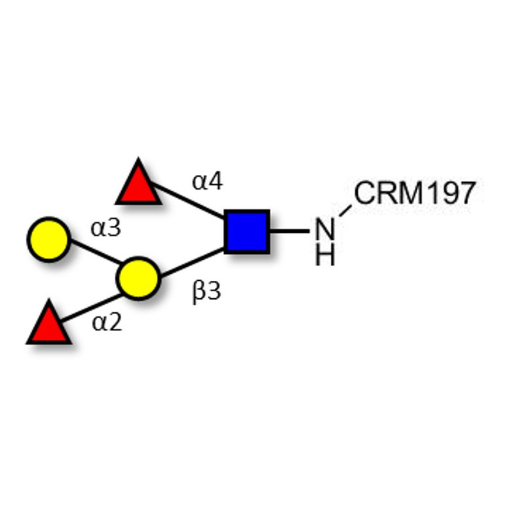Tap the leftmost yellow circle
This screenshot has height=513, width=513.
pyautogui.click(x=48, y=239)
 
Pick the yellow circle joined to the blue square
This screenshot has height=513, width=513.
pyautogui.click(x=137, y=278)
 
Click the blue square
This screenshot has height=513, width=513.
pyautogui.click(x=247, y=231)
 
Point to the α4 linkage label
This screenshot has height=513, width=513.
pyautogui.click(x=207, y=182)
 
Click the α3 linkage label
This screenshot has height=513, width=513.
pyautogui.click(x=106, y=228)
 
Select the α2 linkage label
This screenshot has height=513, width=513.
pyautogui.click(x=106, y=322)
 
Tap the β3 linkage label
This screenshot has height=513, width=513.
pyautogui.click(x=206, y=292)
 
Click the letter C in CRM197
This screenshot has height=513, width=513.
pyautogui.click(x=366, y=194)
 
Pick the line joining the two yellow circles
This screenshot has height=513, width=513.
pyautogui.click(x=94, y=253)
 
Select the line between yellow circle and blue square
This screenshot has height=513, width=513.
pyautogui.click(x=191, y=263)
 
